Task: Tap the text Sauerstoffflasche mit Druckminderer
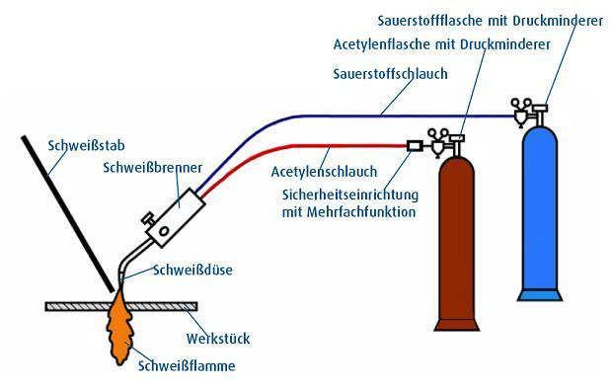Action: pyautogui.click(x=491, y=19)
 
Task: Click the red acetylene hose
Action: pyautogui.click(x=296, y=148)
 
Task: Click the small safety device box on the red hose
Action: pyautogui.click(x=415, y=147)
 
